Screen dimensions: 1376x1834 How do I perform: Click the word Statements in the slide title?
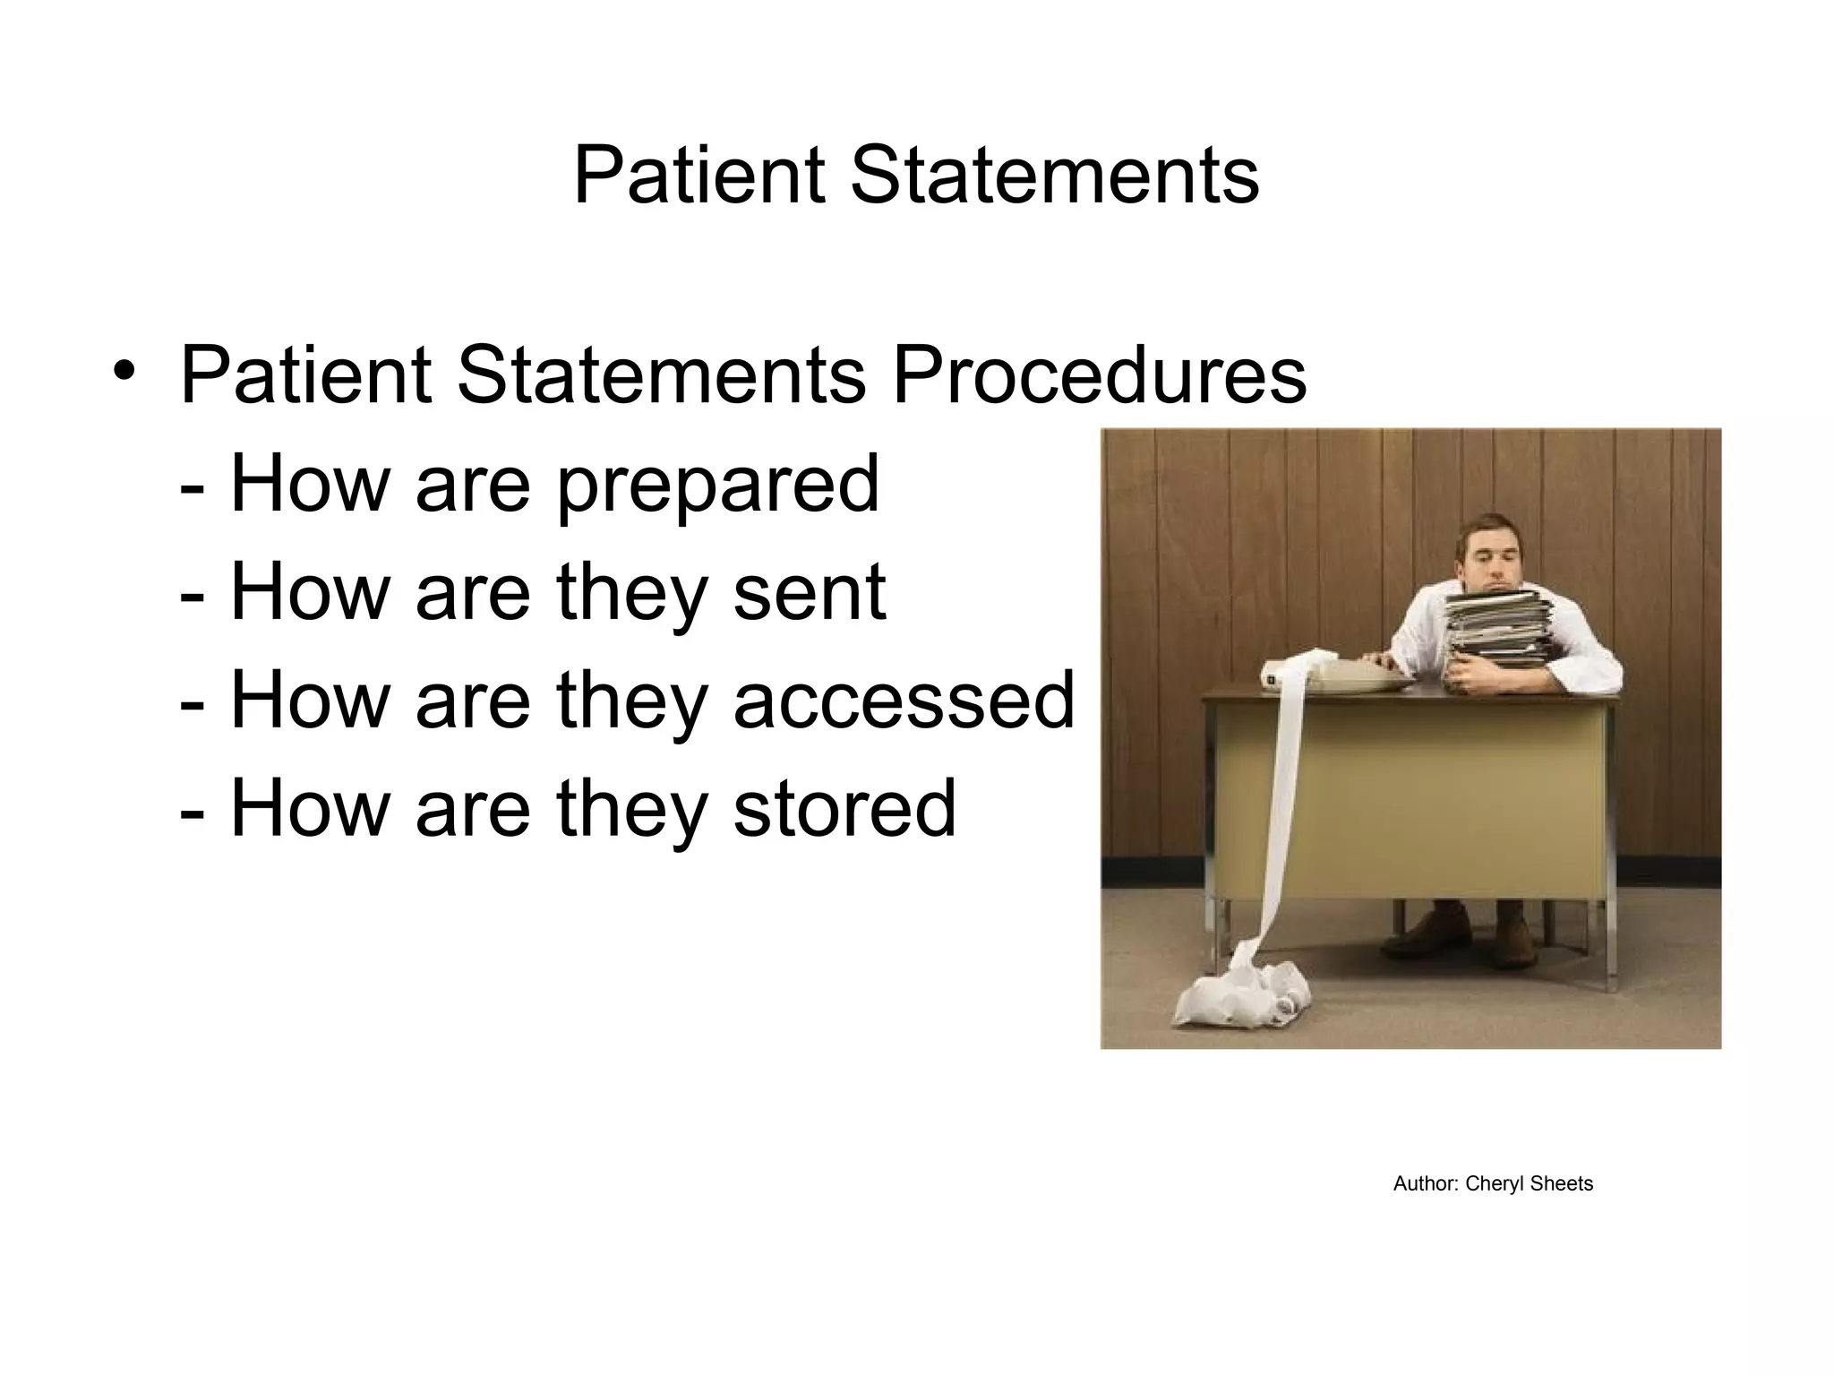tap(1054, 175)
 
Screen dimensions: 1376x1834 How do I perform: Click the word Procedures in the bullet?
tap(1099, 375)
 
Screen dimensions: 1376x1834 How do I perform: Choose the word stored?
tap(844, 808)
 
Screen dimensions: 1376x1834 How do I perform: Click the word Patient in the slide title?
tap(698, 175)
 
